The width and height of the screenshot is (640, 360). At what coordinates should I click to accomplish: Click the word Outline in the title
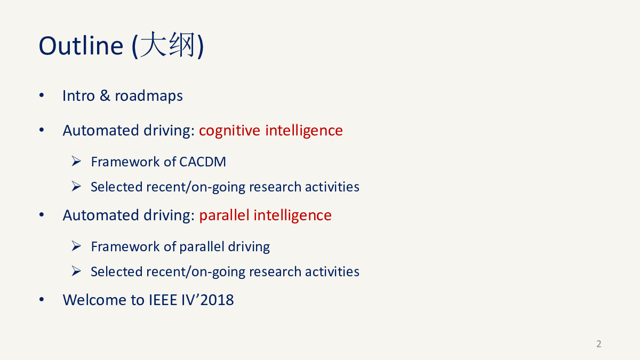[81, 46]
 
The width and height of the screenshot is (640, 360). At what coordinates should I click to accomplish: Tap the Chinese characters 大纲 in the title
[168, 45]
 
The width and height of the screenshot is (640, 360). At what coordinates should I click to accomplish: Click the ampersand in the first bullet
[105, 95]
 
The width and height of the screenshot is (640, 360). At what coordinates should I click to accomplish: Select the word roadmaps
[149, 96]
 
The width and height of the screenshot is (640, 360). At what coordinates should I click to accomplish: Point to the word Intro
[78, 95]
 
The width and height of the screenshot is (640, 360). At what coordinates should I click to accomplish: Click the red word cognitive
[229, 131]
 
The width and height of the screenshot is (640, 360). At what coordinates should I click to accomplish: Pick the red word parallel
[223, 215]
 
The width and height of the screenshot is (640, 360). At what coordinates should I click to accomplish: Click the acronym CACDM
[203, 162]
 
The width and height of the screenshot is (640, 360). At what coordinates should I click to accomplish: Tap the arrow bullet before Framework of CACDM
[76, 162]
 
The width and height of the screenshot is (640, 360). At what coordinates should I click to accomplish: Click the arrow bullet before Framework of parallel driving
[76, 246]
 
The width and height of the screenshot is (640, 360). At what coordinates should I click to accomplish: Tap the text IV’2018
[207, 300]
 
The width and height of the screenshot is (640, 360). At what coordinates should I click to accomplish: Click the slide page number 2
[599, 343]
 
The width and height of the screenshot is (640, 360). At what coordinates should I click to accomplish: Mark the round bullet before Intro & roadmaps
[42, 95]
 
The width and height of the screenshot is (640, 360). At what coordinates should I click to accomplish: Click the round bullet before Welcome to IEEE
[42, 299]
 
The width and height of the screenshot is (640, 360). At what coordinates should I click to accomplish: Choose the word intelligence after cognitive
[304, 131]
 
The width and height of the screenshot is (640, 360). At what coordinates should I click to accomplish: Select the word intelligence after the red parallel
[293, 215]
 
